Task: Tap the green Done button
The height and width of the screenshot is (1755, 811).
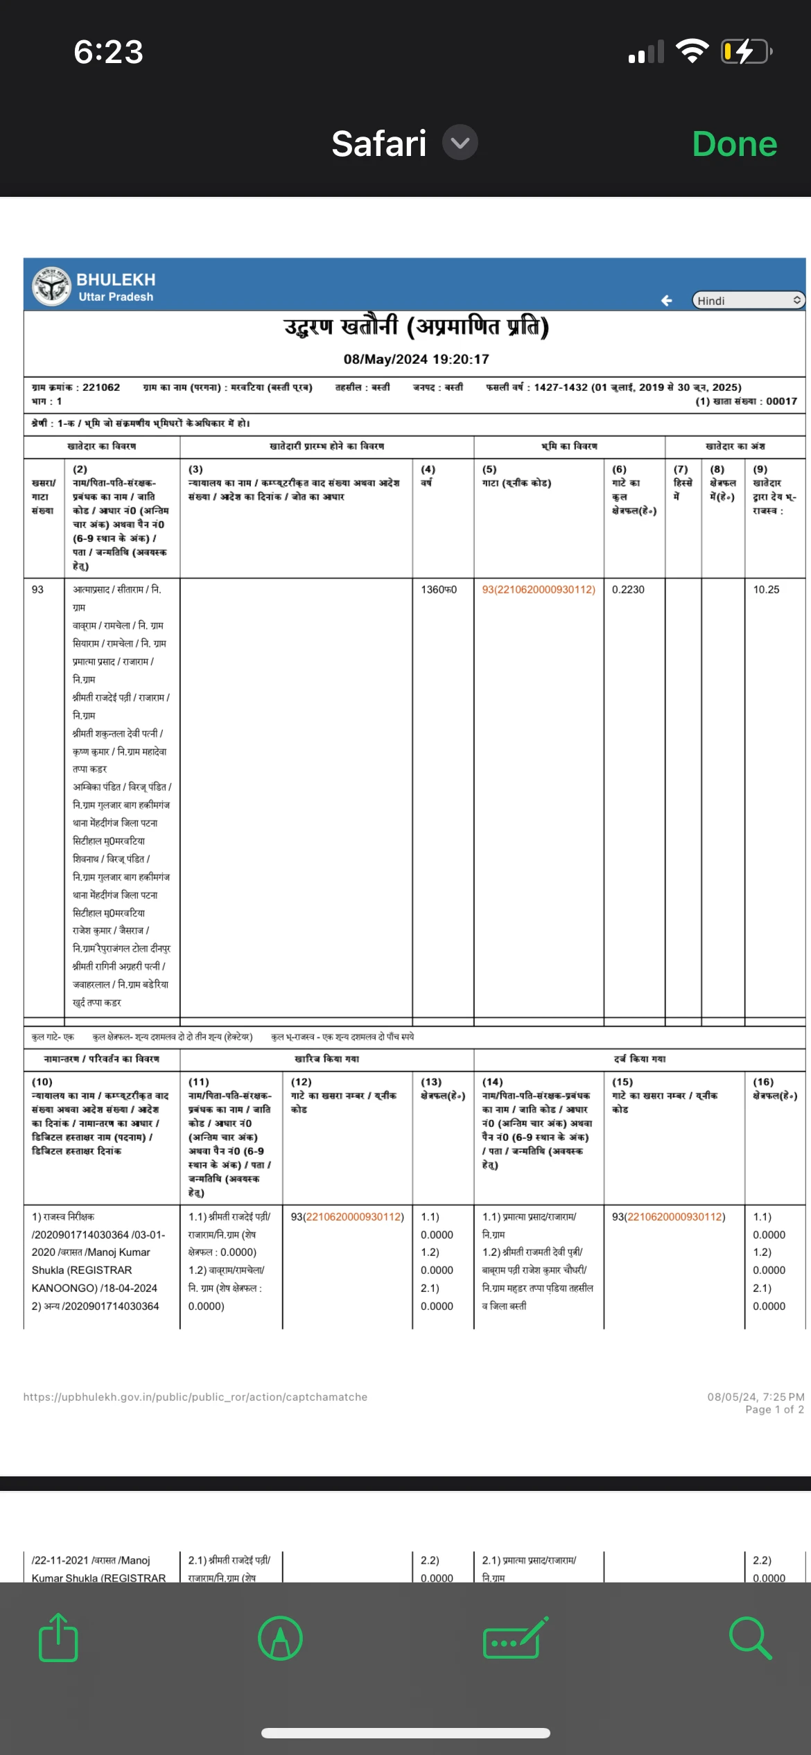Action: tap(734, 144)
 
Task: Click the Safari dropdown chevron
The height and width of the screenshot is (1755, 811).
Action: tap(460, 143)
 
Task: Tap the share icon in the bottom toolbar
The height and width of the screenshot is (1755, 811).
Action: tap(58, 1637)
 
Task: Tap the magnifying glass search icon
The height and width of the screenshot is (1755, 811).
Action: tap(750, 1637)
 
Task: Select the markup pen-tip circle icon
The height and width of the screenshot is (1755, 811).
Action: tap(280, 1638)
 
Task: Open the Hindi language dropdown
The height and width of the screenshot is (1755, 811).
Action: tap(748, 300)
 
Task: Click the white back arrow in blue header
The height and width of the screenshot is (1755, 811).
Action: tap(666, 300)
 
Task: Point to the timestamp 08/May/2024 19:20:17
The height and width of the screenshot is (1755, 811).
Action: tap(416, 359)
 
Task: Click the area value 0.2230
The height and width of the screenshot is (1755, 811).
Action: tap(628, 589)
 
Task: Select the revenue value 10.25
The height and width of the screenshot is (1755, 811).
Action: tap(766, 589)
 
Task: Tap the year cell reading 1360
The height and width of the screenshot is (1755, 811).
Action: tap(439, 589)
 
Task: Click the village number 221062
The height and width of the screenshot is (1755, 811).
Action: tap(101, 387)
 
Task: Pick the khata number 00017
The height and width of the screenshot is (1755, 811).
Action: tap(781, 401)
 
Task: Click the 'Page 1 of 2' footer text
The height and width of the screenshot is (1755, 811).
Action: tap(774, 1409)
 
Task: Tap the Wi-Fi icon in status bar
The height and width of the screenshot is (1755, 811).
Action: tap(691, 51)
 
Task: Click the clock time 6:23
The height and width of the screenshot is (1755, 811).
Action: tap(109, 52)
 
